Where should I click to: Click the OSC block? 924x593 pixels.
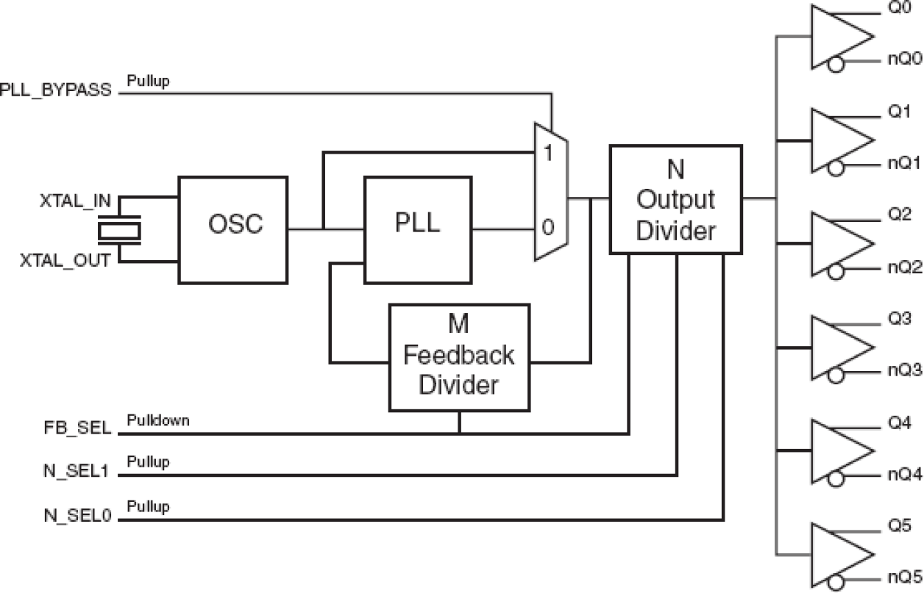[233, 229]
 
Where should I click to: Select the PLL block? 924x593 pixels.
[418, 229]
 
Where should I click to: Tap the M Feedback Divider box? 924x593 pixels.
[459, 356]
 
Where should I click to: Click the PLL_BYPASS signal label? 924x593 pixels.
[57, 91]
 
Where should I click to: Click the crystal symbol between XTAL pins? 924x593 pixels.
[120, 230]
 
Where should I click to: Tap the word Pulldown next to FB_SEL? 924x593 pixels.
[157, 421]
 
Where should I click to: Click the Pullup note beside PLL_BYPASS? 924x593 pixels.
[148, 80]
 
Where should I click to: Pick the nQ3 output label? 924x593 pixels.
[903, 370]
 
